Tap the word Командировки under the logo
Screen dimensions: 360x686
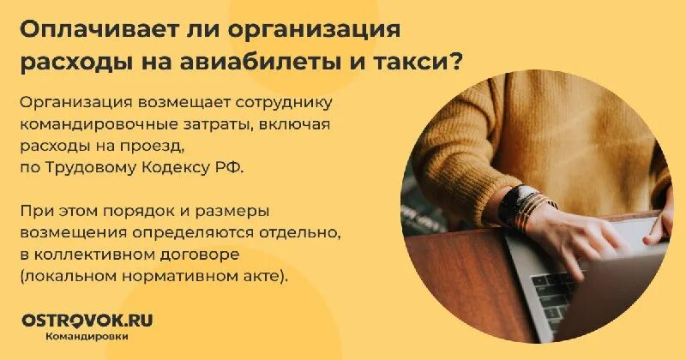pos(87,337)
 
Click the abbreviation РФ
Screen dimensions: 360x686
pos(232,167)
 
